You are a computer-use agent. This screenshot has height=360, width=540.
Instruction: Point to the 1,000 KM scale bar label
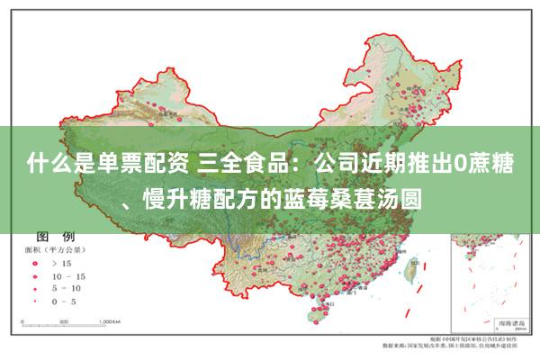tap(111, 320)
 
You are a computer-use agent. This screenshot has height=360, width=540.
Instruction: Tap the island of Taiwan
tap(413, 269)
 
